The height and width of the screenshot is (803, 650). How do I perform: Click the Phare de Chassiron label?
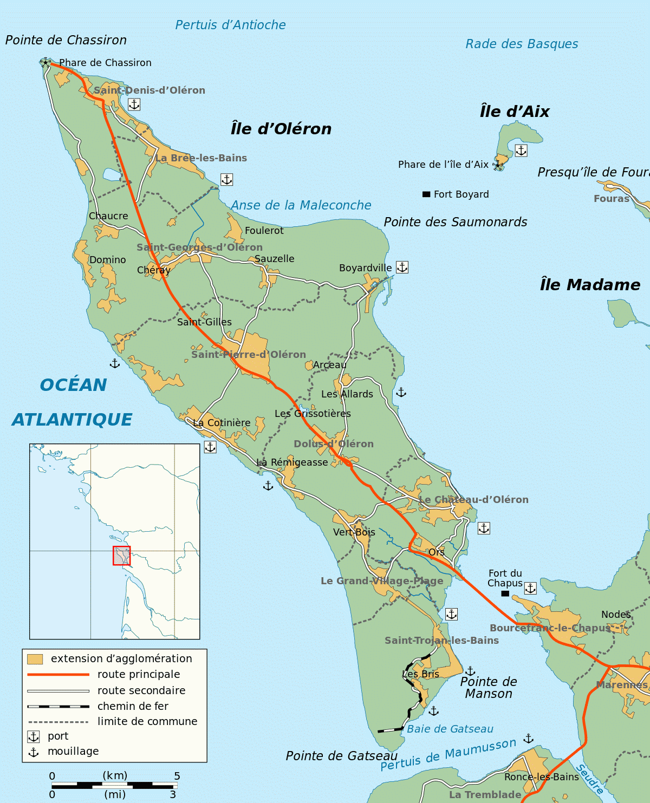(105, 63)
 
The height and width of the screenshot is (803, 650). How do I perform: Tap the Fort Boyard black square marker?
(426, 194)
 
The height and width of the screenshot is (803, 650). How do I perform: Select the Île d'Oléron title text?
(281, 129)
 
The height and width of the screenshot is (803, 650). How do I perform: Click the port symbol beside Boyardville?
(402, 267)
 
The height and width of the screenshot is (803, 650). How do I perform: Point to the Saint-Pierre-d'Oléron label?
(249, 355)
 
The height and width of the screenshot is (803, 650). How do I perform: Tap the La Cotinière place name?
(222, 423)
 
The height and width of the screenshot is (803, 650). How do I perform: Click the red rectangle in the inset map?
(121, 556)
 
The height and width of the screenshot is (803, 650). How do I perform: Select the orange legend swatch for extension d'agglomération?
(35, 659)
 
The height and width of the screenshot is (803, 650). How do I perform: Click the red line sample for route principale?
(58, 675)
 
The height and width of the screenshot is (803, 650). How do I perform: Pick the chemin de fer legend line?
(58, 707)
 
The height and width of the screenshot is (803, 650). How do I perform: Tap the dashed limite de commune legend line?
(58, 722)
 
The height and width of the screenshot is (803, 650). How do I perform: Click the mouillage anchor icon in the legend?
(34, 752)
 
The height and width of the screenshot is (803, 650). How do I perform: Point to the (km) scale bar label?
(115, 775)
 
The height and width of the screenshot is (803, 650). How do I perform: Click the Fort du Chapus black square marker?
(505, 593)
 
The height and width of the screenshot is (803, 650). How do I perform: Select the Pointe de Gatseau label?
(342, 756)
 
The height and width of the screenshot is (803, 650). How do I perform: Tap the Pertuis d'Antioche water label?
(230, 25)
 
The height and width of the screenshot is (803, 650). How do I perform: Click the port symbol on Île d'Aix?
(521, 150)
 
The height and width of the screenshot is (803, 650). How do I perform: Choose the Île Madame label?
(590, 285)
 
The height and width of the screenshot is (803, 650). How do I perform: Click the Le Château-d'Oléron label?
(473, 500)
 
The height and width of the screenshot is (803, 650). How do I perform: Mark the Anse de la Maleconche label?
(301, 205)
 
